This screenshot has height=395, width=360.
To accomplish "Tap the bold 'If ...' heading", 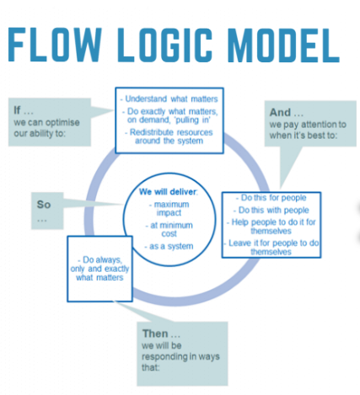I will [x=22, y=109].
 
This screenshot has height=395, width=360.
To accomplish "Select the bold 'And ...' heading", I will [x=282, y=110].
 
